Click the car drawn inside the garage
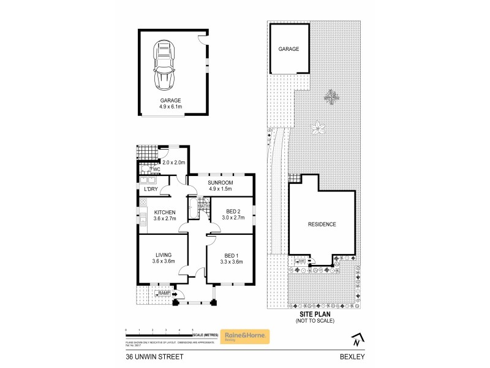[x=164, y=65]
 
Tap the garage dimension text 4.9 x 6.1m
[x=171, y=107]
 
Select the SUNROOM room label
[x=221, y=183]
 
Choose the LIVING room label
[x=163, y=255]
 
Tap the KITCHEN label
[x=164, y=212]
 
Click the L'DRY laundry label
[x=151, y=189]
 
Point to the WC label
[x=156, y=169]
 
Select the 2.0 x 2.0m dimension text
[x=174, y=163]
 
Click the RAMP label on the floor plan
[x=164, y=294]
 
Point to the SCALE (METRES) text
[x=206, y=334]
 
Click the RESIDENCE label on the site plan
[x=322, y=224]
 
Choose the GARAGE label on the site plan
[x=288, y=48]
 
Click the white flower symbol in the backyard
[x=317, y=128]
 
